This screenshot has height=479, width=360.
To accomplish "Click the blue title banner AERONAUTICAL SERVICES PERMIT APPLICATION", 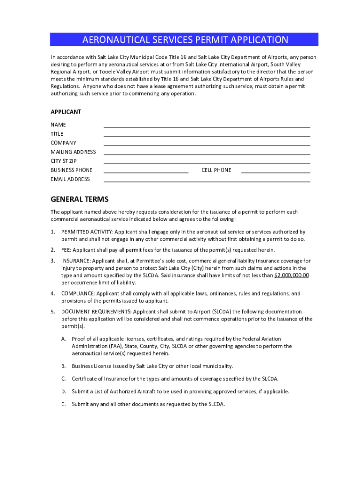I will click(185, 40).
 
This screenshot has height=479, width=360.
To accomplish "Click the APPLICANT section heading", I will click(66, 112).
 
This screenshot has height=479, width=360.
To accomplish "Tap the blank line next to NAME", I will click(207, 126).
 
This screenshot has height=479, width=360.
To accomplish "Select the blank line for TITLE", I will click(207, 136).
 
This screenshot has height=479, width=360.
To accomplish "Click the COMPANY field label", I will click(64, 143).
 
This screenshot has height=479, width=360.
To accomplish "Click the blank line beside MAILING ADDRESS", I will click(207, 154).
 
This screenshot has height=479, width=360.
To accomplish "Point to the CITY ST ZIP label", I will click(64, 161).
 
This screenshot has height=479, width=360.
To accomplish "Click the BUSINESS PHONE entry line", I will click(146, 172).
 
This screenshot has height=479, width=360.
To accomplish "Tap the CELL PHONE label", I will click(216, 170).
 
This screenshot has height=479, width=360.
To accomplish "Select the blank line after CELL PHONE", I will click(275, 172).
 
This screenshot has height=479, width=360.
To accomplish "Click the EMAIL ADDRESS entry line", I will click(207, 181).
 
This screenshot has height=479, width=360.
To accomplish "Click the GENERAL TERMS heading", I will click(79, 199).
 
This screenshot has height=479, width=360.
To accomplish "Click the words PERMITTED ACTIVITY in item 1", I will click(86, 232).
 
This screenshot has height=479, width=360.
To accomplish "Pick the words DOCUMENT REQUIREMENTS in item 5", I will click(96, 312).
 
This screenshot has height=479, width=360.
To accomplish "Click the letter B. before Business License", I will click(63, 366).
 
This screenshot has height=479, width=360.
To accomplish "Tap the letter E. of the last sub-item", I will click(63, 404).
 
